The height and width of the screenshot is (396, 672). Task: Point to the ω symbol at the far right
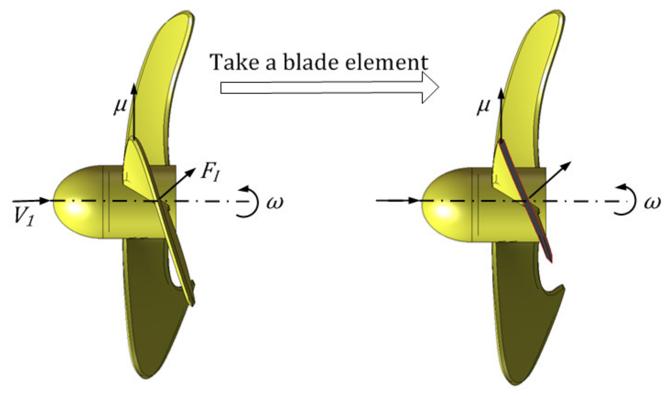[653, 202]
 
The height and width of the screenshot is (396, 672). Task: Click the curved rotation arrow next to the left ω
[251, 201]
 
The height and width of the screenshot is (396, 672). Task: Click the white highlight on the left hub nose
[75, 208]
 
